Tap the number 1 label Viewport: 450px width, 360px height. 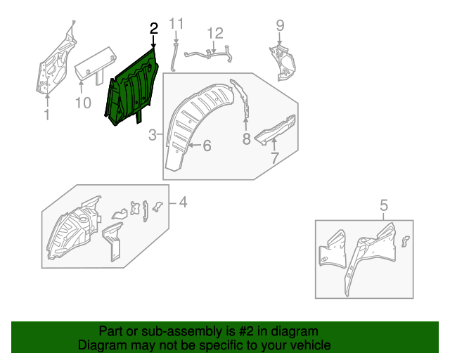point(46,115)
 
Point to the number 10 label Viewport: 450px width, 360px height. point(82,103)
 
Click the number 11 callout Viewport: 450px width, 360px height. point(176,24)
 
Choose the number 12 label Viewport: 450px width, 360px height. point(214,33)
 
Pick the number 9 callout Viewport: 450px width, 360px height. point(280,25)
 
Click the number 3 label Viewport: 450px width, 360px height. point(153,135)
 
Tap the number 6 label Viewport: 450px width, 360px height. point(207,146)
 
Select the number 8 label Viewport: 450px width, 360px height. point(246,139)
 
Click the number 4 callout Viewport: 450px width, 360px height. point(182,203)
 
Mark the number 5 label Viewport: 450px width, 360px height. point(384,205)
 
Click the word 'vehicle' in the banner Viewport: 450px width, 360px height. point(310,345)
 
